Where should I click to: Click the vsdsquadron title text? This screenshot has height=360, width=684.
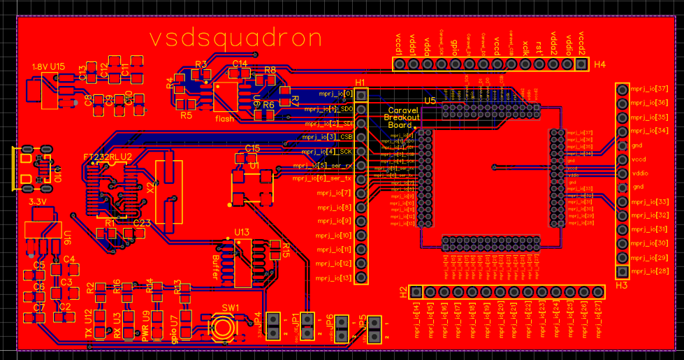[235, 38]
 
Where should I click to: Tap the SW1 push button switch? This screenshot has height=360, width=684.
[223, 326]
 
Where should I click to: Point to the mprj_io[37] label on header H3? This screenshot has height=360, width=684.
[649, 89]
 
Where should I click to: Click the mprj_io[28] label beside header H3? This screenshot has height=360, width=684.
[649, 271]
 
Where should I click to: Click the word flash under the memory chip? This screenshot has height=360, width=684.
[224, 118]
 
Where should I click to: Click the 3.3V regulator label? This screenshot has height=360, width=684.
[38, 201]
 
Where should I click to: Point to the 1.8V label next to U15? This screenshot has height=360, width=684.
[40, 66]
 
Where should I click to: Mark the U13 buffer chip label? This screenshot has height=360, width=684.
[242, 232]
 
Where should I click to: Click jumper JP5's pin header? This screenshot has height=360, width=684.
[374, 329]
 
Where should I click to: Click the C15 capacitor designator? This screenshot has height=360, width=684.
[252, 149]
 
